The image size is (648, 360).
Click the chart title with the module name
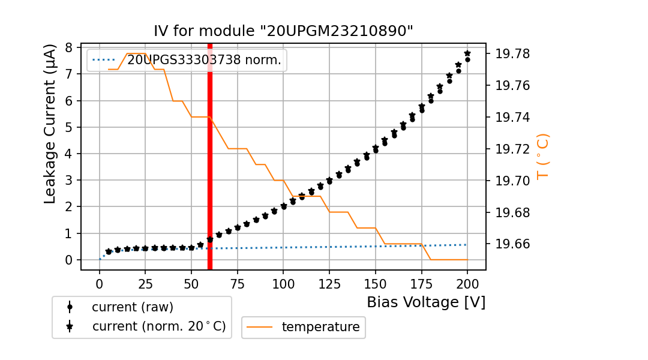(x=284, y=31)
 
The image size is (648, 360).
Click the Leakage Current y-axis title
(x=50, y=124)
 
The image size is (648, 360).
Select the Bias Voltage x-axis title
(x=426, y=302)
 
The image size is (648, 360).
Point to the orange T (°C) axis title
(x=542, y=156)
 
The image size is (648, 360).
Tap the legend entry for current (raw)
(x=132, y=307)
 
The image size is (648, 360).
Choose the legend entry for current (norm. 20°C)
(x=158, y=326)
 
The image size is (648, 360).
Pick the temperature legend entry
(x=320, y=327)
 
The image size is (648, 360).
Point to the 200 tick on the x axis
(x=467, y=283)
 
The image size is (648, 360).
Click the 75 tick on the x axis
(x=238, y=283)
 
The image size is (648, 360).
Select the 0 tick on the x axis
(x=100, y=283)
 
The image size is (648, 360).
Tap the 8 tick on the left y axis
(x=70, y=47)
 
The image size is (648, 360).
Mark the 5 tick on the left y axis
(x=70, y=127)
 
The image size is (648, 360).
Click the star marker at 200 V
(x=467, y=53)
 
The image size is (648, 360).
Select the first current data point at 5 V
(x=109, y=252)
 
